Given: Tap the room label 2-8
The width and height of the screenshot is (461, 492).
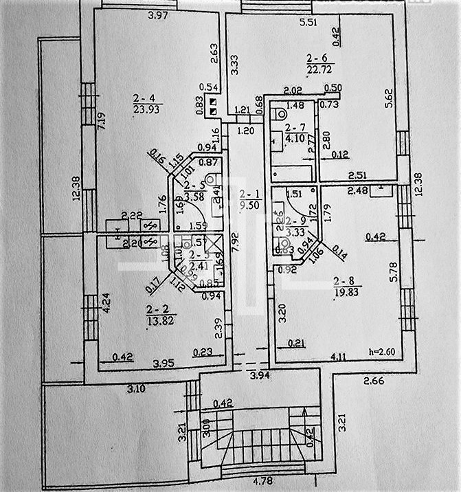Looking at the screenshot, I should (x=347, y=280).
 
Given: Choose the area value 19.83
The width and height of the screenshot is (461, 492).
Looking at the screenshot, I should (x=347, y=291).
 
